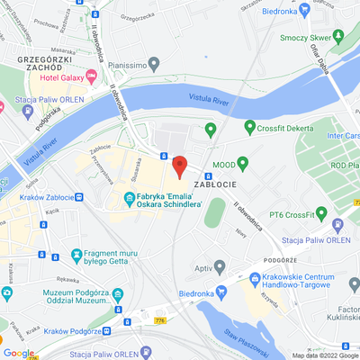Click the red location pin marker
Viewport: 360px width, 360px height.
pos(179,166)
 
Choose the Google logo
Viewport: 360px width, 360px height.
pos(19,353)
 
